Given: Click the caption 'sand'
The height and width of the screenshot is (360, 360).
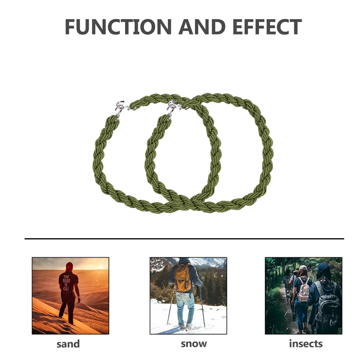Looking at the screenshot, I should [x=68, y=344].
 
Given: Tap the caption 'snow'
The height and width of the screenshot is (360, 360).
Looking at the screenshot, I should [x=194, y=344].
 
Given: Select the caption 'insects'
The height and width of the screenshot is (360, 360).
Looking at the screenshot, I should [x=306, y=344].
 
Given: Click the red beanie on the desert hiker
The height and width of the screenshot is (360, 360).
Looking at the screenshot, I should [x=69, y=266].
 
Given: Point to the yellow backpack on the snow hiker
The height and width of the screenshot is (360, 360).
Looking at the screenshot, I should [x=183, y=278].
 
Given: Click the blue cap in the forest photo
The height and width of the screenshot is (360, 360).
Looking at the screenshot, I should [x=323, y=267].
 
